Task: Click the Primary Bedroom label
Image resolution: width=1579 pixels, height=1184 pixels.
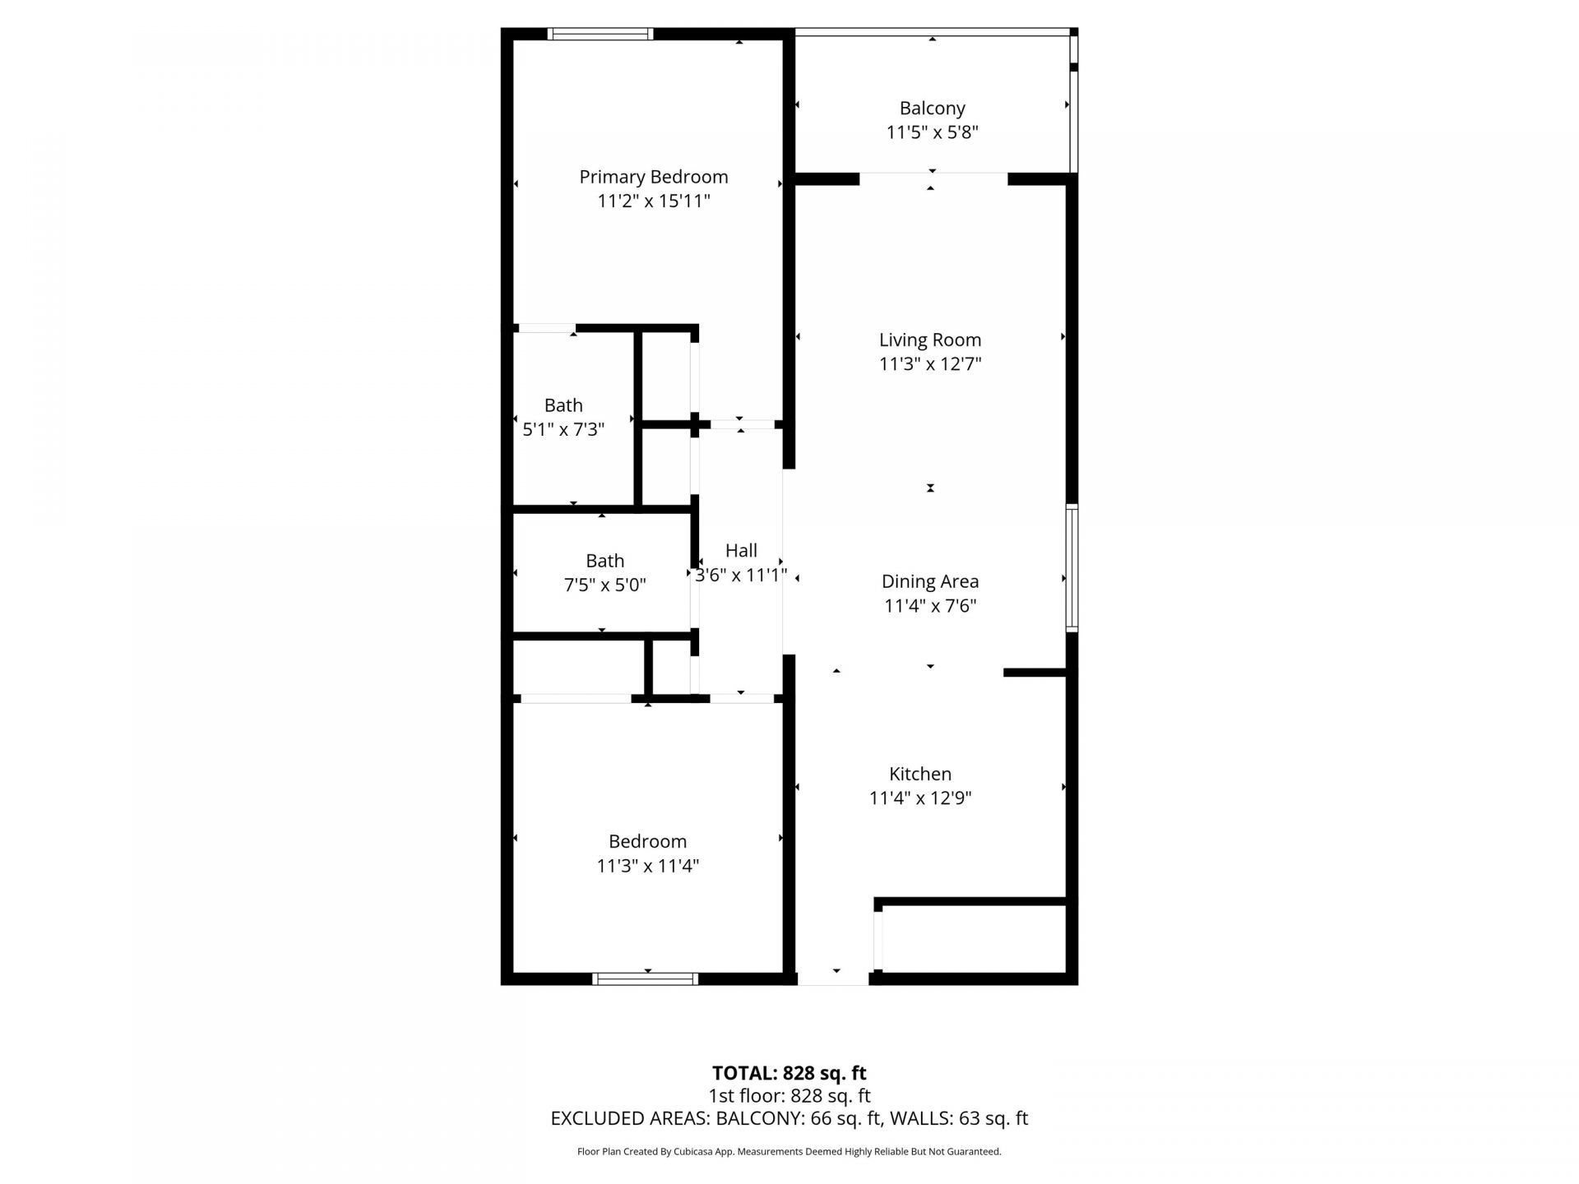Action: point(653,177)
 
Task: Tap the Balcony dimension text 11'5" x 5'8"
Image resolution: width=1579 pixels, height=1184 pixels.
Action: point(932,132)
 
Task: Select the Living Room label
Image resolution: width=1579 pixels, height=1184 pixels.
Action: point(929,340)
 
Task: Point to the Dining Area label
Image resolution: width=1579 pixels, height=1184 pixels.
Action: point(929,581)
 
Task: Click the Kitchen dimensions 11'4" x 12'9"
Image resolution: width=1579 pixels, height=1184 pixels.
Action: point(919,798)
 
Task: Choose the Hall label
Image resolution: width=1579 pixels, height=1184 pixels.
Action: point(741,550)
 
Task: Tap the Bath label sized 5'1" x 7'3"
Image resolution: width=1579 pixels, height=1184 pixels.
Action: point(563,405)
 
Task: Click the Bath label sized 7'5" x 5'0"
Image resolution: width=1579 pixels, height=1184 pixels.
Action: point(604,561)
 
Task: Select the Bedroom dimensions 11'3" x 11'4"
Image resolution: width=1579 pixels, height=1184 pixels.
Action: point(647,865)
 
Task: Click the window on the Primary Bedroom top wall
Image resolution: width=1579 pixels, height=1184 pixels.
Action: point(600,35)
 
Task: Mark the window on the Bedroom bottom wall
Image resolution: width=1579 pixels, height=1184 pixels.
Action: point(645,978)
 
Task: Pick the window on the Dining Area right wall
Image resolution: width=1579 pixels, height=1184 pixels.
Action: point(1072,567)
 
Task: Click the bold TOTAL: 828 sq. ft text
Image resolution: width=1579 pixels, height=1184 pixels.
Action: point(789,1073)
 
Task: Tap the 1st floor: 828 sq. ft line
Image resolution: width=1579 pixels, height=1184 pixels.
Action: point(789,1095)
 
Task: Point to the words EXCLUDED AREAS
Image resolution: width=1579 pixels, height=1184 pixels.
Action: point(630,1118)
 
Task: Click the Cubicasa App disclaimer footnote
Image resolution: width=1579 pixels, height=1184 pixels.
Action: point(789,1152)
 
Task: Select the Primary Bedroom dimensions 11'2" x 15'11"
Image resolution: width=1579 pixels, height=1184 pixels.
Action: point(653,201)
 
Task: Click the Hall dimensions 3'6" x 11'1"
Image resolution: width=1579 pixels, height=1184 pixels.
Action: point(741,575)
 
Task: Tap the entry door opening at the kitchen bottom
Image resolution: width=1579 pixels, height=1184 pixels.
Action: point(833,978)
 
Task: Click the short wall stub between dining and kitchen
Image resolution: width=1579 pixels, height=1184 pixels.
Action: point(1035,673)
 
